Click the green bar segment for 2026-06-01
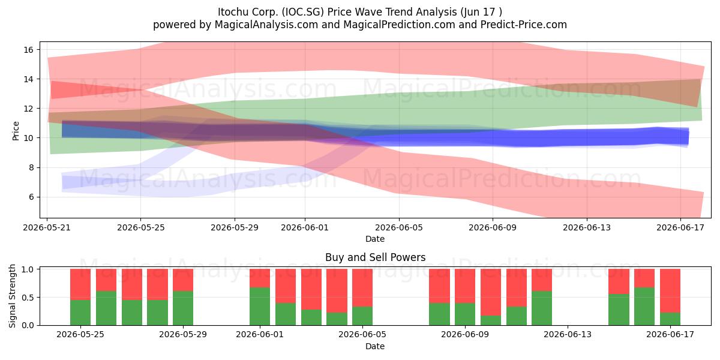(x=260, y=306)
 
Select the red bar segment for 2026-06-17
(x=670, y=291)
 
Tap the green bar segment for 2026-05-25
(x=80, y=313)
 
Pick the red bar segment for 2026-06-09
(x=465, y=286)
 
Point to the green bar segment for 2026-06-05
(x=362, y=316)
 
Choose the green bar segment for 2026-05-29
(x=183, y=308)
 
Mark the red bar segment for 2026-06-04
(x=337, y=291)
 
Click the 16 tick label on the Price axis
(x=29, y=49)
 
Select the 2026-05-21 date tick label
(x=47, y=227)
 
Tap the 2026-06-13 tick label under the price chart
(x=587, y=227)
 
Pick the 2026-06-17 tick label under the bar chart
(x=670, y=335)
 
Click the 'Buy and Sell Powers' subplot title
(x=375, y=257)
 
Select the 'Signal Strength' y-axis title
(x=12, y=296)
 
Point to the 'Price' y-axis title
(x=16, y=131)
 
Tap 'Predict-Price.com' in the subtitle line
(x=524, y=25)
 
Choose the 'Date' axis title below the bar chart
(x=375, y=346)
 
